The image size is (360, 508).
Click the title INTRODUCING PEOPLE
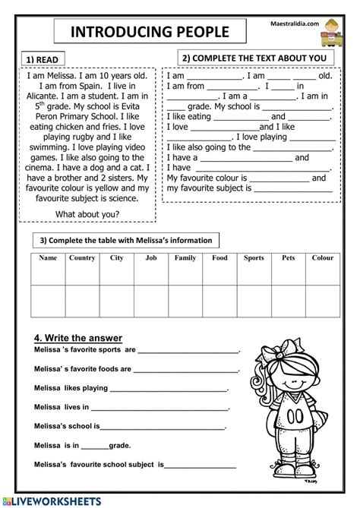tap(150, 32)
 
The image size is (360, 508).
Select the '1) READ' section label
tap(41, 59)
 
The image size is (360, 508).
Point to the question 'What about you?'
tap(87, 213)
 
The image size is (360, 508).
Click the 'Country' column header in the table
tap(81, 258)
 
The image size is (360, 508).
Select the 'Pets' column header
tap(288, 258)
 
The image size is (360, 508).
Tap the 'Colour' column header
tap(322, 258)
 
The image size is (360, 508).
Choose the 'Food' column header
tap(219, 258)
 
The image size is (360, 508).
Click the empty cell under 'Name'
tap(47, 300)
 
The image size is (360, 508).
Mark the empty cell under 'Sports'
tap(254, 300)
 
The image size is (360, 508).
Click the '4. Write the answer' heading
tap(78, 338)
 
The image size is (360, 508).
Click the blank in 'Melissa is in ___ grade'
tap(95, 446)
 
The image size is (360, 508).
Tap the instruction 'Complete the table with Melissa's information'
tap(125, 241)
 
